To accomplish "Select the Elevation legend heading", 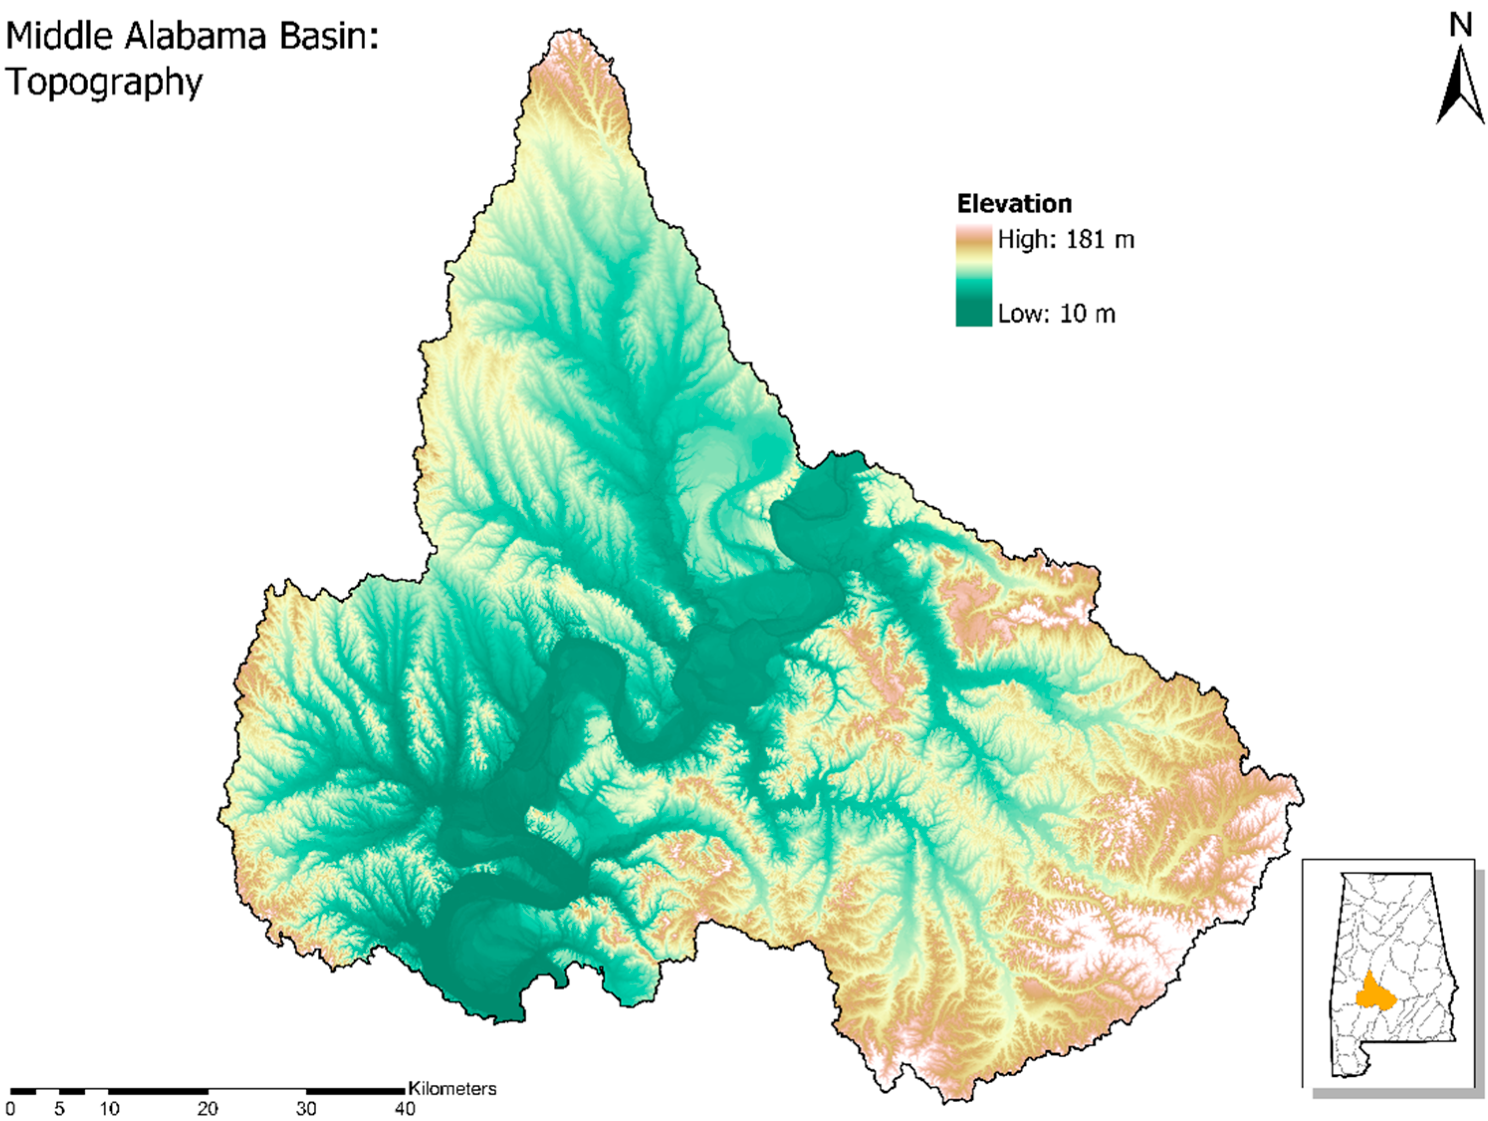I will click(x=1014, y=204).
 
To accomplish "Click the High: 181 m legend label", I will click(x=1065, y=239).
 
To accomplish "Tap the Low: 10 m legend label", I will click(x=1056, y=314).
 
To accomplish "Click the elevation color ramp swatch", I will click(x=973, y=276).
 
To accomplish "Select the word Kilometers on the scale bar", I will click(x=452, y=1089).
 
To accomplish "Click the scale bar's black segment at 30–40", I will click(x=355, y=1091).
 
